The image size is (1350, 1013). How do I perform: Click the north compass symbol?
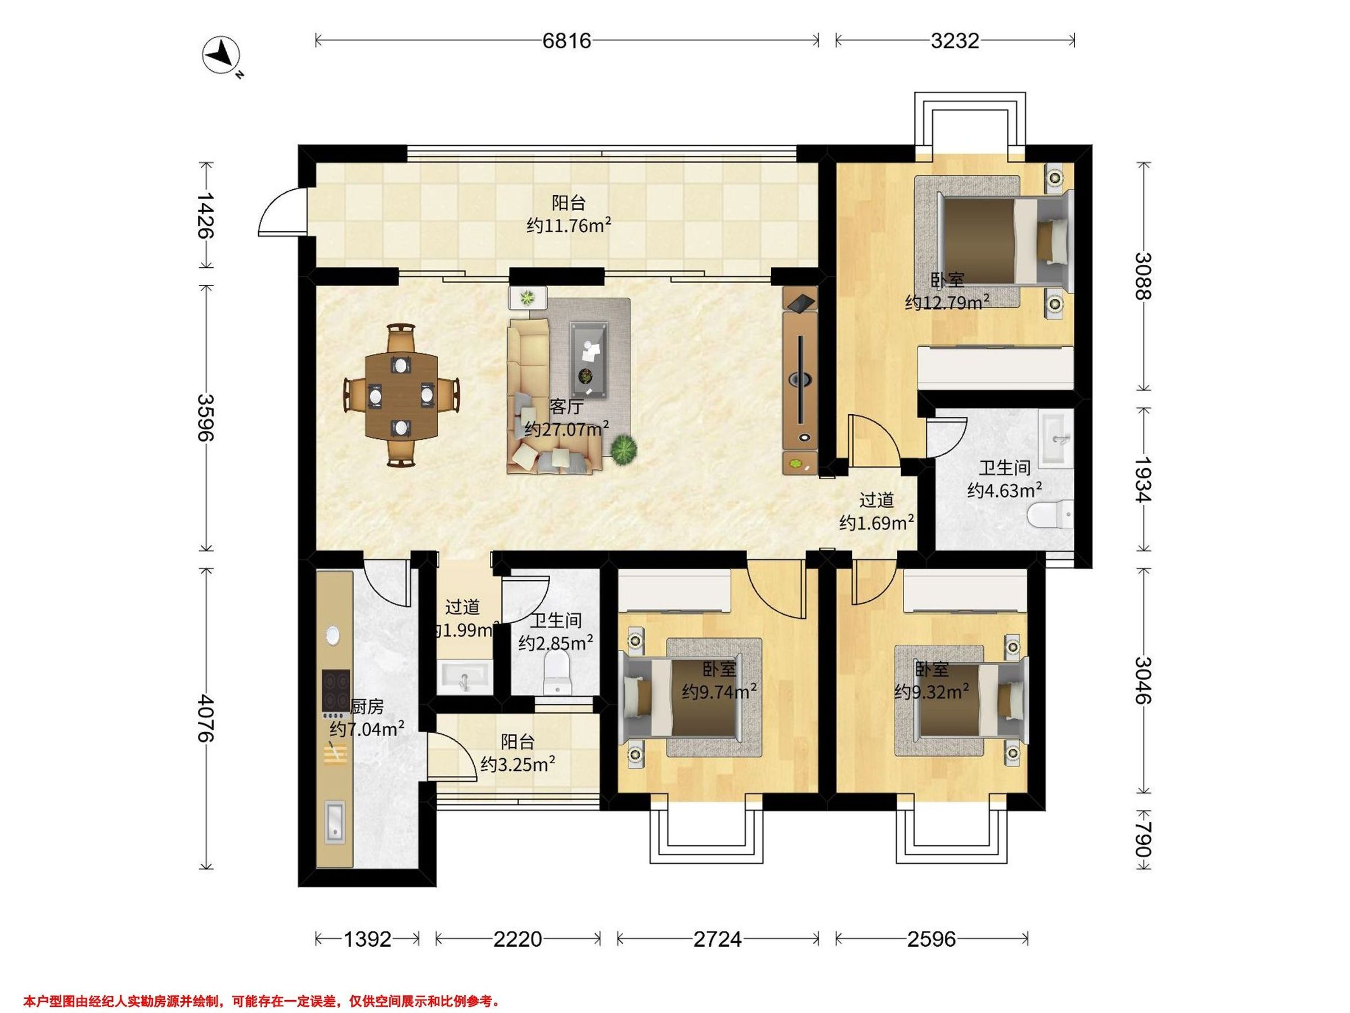(x=221, y=57)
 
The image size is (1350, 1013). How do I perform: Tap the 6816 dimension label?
(x=567, y=41)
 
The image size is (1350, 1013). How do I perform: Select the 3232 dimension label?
(x=955, y=41)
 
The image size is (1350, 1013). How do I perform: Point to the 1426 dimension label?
(x=206, y=216)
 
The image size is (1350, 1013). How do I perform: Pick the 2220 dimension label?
(x=517, y=939)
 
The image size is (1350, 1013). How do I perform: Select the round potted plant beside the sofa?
(x=624, y=451)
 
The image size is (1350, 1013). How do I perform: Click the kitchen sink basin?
(x=335, y=821)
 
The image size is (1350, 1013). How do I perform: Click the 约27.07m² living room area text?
(x=567, y=429)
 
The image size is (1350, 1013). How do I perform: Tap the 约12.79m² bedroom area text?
(x=947, y=302)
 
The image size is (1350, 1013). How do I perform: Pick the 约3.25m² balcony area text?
(x=517, y=764)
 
